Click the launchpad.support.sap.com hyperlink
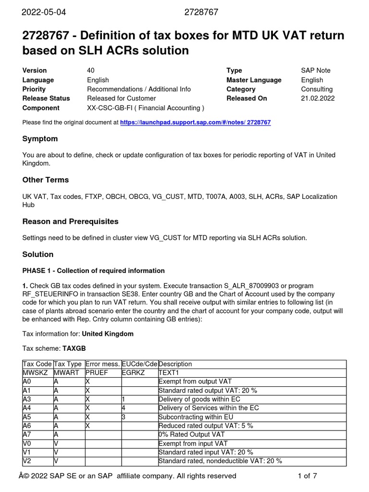pos(195,123)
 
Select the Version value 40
pos(91,71)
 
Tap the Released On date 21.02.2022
pos(318,98)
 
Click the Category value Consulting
pos(317,89)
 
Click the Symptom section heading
pos(40,139)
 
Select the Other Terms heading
pos(46,180)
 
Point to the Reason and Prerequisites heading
pos(70,222)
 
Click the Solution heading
pos(38,255)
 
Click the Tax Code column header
pos(37,364)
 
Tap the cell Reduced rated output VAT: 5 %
pos(205,426)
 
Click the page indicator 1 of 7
pos(307,476)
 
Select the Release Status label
pos(46,98)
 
